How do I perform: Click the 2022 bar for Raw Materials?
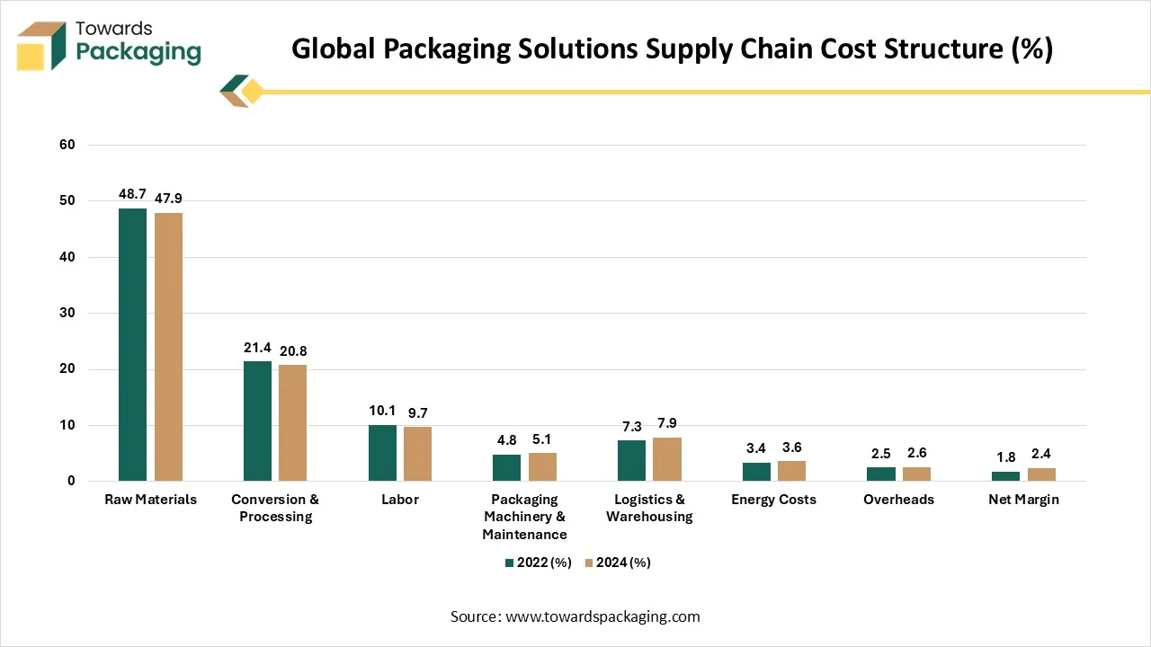[x=132, y=345]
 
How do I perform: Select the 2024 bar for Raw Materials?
[x=168, y=347]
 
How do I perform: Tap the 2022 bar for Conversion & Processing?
[x=257, y=421]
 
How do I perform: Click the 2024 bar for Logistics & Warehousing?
[x=667, y=459]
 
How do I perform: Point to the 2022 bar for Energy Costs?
[x=756, y=472]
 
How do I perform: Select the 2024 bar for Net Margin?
[x=1041, y=474]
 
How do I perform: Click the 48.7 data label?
[x=132, y=194]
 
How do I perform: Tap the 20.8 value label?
[x=292, y=351]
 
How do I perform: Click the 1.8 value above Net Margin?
[x=1005, y=457]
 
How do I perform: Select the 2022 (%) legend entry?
[x=538, y=563]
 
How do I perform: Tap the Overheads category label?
[x=898, y=500]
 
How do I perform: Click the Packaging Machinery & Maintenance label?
[x=524, y=517]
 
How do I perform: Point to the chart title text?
[x=672, y=49]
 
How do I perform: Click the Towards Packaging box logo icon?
[x=42, y=46]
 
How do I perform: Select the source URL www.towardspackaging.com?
[x=602, y=616]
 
